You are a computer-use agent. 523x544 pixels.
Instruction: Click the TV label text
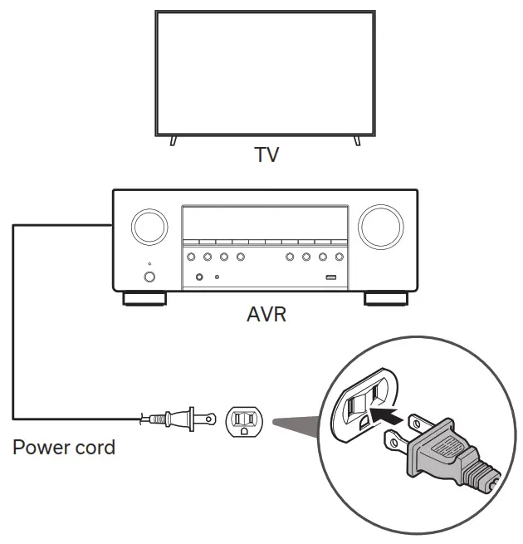[265, 154]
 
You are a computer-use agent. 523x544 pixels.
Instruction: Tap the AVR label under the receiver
[265, 316]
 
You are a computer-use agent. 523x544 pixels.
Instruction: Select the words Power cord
[64, 448]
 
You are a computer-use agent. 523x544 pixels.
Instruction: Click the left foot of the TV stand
[173, 141]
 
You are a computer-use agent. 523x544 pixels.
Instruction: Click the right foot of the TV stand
[358, 141]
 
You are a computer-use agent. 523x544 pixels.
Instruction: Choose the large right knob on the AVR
[381, 226]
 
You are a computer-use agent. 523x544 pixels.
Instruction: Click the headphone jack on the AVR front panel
[200, 277]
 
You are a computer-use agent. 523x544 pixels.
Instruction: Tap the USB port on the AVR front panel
[330, 277]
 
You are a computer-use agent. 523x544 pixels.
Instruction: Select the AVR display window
[265, 224]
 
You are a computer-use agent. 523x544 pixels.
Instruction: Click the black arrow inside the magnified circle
[381, 410]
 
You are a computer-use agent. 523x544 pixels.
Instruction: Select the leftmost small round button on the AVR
[191, 257]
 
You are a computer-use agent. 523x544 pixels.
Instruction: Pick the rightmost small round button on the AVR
[339, 257]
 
